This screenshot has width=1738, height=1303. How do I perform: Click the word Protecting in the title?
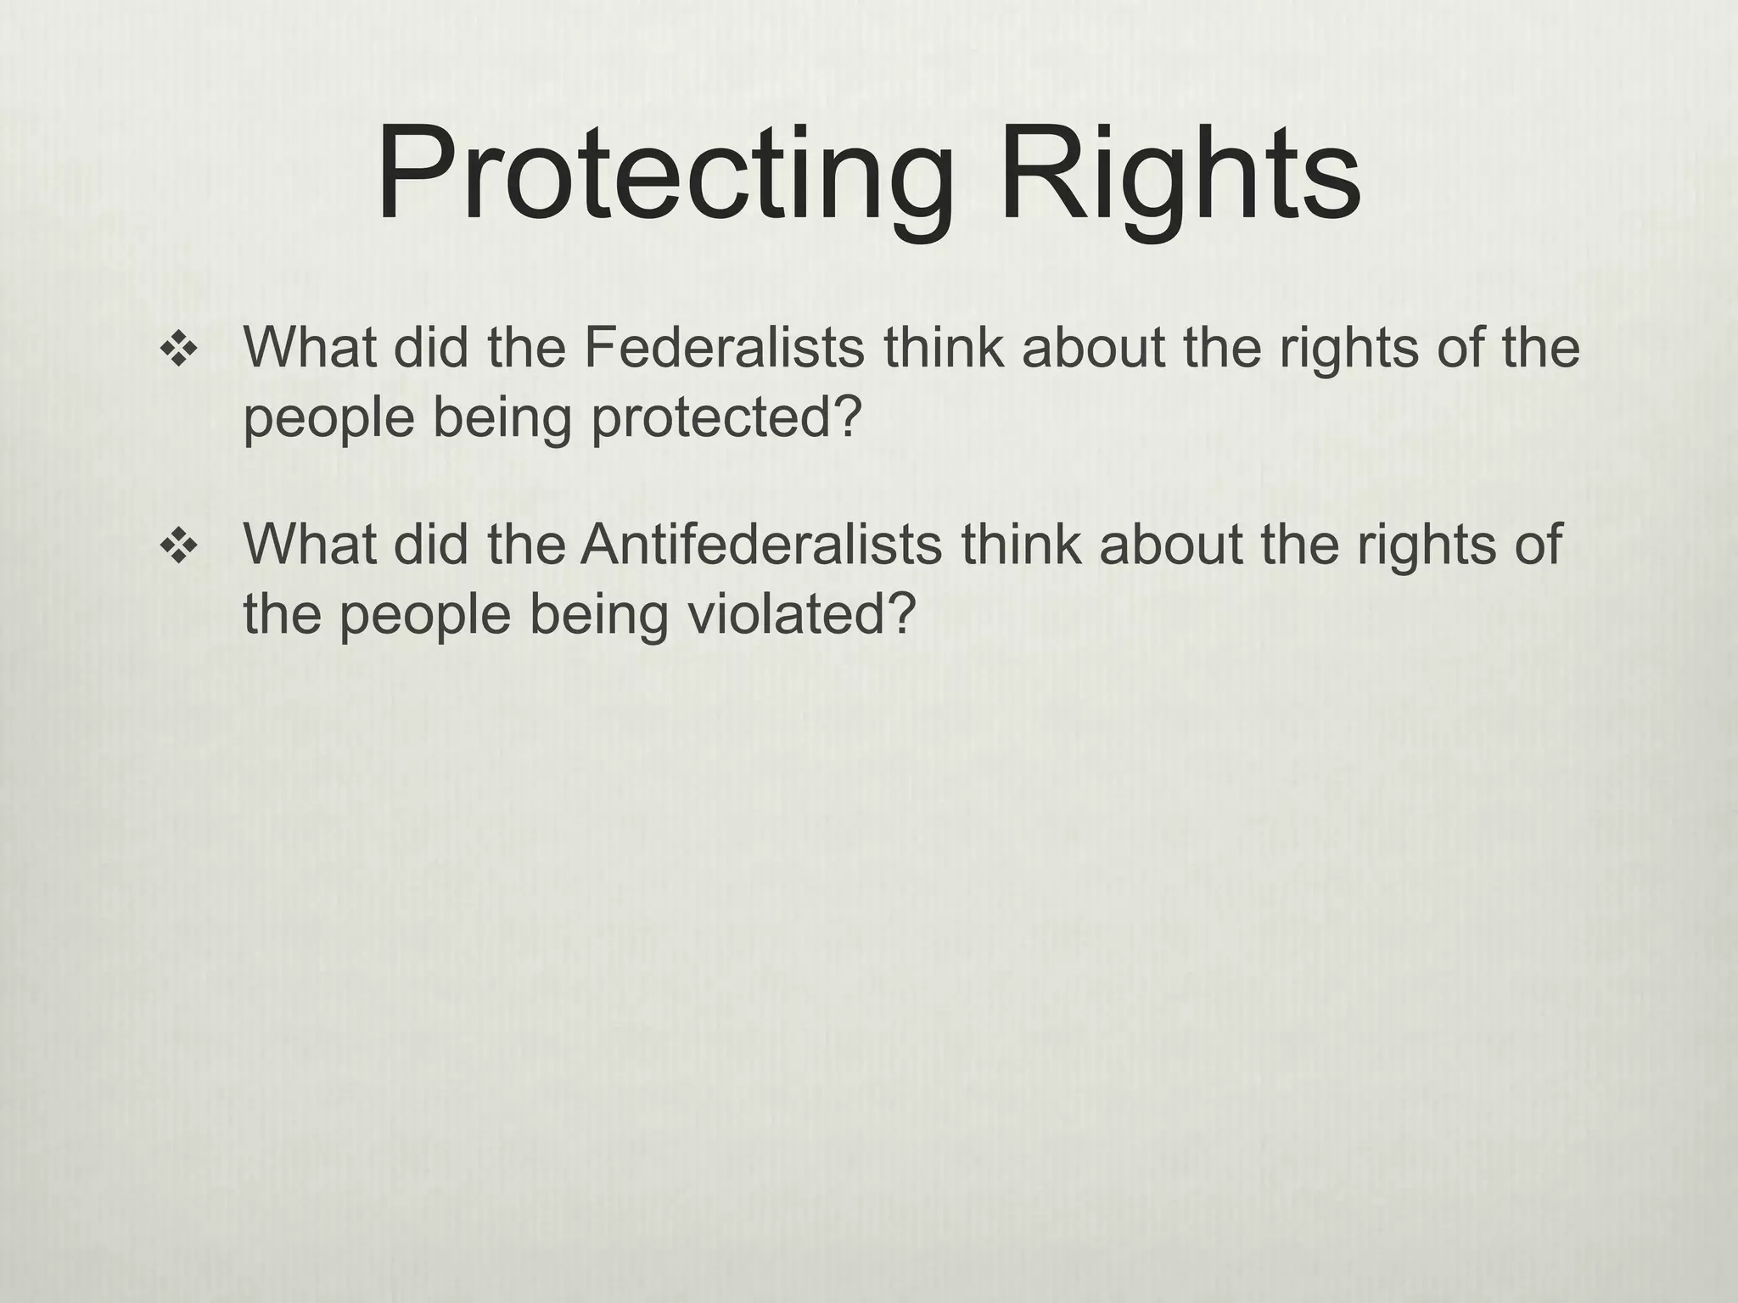pos(662,174)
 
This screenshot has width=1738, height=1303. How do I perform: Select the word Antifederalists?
pos(761,544)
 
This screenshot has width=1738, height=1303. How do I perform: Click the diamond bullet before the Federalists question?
pos(179,350)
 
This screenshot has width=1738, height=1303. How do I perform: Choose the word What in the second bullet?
pos(309,544)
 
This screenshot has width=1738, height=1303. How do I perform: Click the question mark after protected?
pos(845,417)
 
